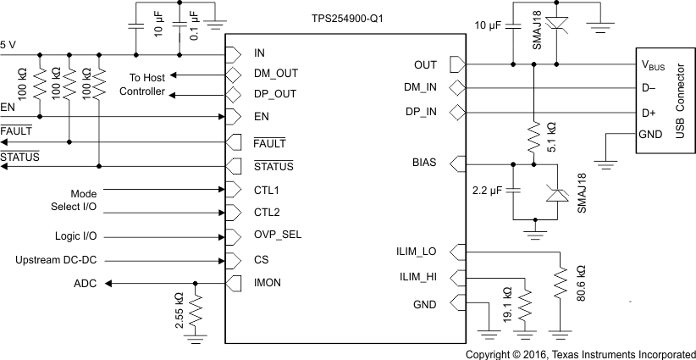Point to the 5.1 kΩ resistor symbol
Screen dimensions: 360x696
[x=534, y=136]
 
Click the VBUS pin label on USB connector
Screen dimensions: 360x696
[x=655, y=64]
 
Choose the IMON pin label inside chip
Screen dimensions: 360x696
[x=268, y=283]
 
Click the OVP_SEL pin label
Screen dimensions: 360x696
[x=277, y=235]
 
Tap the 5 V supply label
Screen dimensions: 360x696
[x=8, y=42]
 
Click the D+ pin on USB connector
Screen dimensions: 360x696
[x=649, y=112]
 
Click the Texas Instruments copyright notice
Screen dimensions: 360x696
[x=580, y=352]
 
